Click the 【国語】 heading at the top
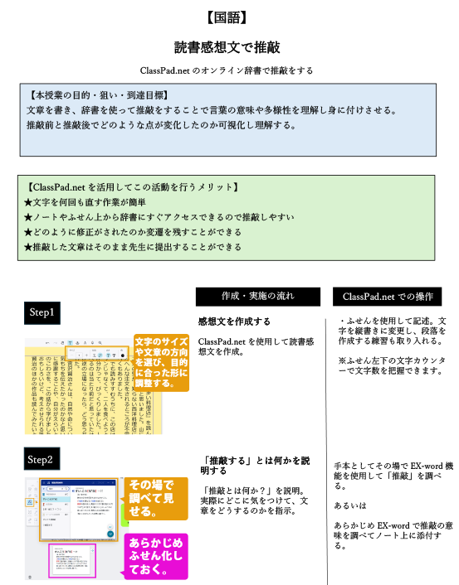coord(229,16)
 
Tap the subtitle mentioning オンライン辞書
coord(229,70)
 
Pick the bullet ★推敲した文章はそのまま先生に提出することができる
coord(133,247)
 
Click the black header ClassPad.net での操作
coord(388,297)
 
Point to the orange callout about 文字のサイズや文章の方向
coord(161,362)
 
